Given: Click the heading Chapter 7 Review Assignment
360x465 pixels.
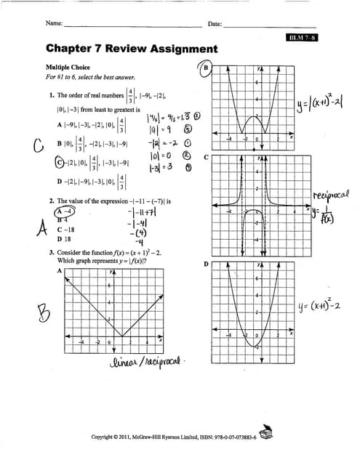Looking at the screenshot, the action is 131,49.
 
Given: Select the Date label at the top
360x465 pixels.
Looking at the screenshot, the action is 215,24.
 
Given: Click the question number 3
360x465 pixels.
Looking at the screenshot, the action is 52,252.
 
